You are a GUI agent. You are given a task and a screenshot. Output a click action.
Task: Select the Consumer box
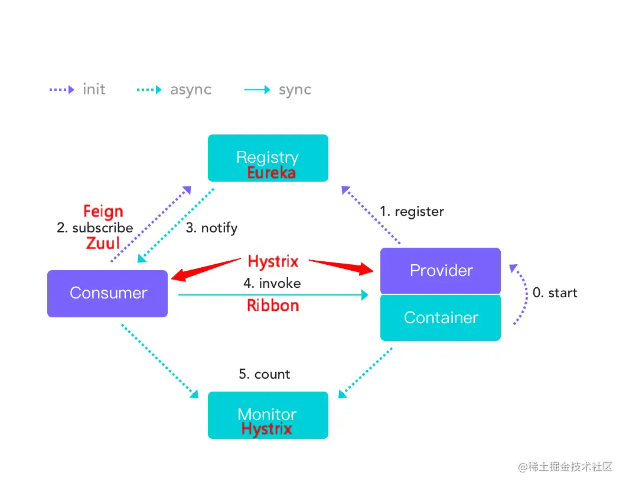107,293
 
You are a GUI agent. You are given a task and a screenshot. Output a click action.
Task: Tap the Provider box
441,271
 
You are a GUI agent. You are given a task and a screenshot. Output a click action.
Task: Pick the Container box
441,318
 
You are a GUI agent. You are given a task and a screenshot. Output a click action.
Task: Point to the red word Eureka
271,173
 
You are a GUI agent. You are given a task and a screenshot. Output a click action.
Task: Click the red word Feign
103,211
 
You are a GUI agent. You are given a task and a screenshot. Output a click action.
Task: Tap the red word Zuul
103,243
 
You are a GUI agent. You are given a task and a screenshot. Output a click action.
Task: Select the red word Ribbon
273,306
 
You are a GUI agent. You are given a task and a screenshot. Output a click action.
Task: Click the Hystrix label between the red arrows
273,261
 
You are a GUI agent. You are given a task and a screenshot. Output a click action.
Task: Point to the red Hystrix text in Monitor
267,429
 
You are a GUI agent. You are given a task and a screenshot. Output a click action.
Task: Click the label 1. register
412,211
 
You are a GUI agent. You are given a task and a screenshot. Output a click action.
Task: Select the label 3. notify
211,228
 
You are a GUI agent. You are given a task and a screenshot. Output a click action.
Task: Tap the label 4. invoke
272,283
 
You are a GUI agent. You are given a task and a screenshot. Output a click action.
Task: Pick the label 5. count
264,374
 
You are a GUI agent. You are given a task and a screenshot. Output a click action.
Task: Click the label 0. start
555,293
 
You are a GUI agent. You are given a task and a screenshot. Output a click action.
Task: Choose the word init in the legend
94,90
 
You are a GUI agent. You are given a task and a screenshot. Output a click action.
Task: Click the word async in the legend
191,90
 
